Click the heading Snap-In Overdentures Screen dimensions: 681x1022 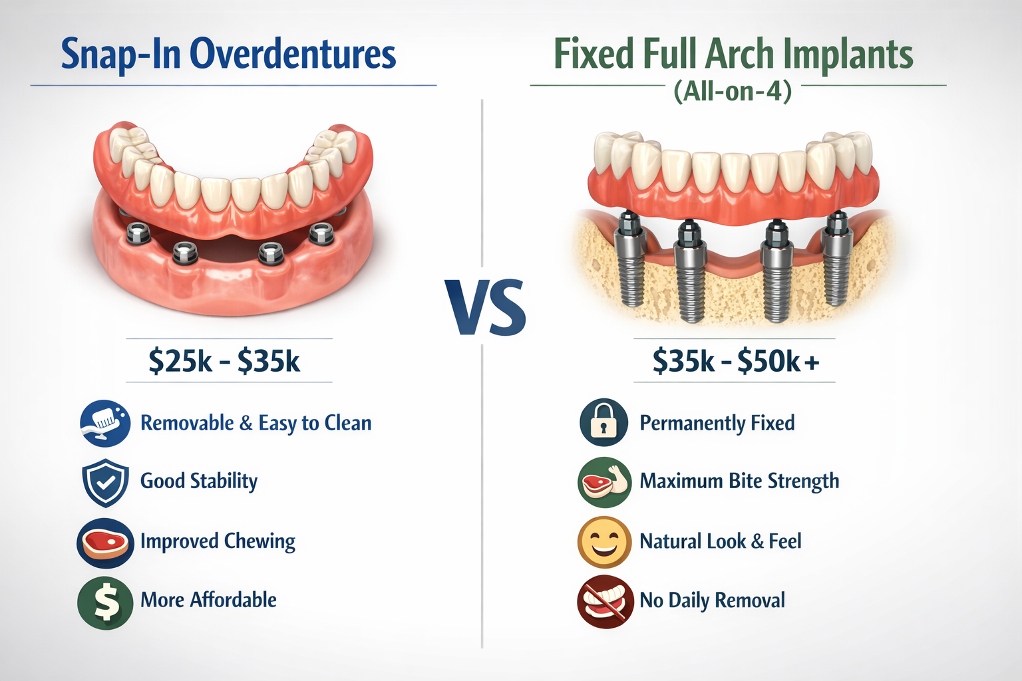click(228, 55)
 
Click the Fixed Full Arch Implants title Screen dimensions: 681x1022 click(733, 55)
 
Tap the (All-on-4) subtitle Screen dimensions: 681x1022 click(733, 90)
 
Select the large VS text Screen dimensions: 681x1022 click(486, 308)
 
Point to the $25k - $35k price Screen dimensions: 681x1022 click(224, 361)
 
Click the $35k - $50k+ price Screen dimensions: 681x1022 click(735, 361)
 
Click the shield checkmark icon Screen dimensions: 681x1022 click(105, 482)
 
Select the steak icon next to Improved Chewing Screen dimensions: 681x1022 click(105, 543)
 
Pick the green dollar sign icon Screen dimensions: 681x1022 click(105, 602)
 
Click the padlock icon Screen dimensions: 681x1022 click(603, 422)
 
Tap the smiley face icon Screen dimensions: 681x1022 click(603, 541)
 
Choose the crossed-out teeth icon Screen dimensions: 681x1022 click(603, 601)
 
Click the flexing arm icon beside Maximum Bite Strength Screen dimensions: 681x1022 click(603, 482)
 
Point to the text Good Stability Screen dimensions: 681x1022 click(199, 481)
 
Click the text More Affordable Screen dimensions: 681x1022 click(208, 600)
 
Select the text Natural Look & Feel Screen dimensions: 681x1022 click(720, 541)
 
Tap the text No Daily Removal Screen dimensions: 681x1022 click(712, 601)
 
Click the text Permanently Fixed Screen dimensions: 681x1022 click(717, 423)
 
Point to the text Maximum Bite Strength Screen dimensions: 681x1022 click(739, 481)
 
